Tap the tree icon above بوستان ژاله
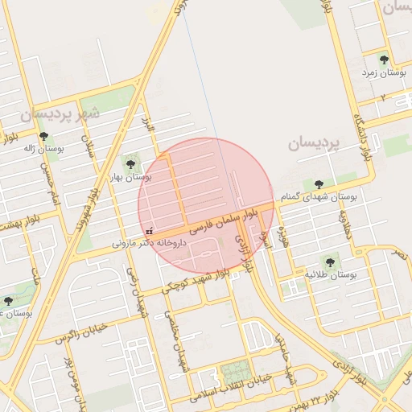pyautogui.click(x=43, y=137)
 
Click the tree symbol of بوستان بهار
pyautogui.click(x=130, y=164)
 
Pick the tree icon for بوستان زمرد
pyautogui.click(x=384, y=60)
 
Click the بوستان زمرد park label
pyautogui.click(x=384, y=72)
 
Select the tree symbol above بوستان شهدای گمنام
pyautogui.click(x=320, y=185)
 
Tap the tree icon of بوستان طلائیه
pyautogui.click(x=328, y=262)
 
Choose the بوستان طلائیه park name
pyautogui.click(x=330, y=274)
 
